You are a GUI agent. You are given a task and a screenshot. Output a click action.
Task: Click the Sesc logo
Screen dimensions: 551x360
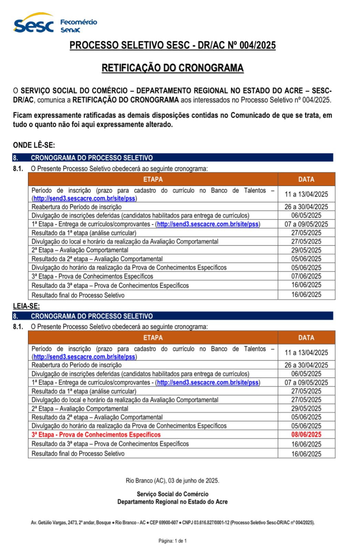(33, 24)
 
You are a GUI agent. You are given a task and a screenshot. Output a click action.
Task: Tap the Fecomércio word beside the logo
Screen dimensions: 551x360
(78, 22)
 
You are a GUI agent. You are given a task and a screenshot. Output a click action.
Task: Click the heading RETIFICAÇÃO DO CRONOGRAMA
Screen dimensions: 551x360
(172, 68)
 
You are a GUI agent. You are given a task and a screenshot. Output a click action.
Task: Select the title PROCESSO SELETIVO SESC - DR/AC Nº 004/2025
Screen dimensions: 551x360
(172, 45)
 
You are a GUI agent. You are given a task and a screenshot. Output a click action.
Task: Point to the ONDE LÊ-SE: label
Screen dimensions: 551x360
(34, 145)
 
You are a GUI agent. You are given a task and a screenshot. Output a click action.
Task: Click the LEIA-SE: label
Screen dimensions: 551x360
(26, 306)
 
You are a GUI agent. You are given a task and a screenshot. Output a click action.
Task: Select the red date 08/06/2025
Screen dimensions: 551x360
(306, 435)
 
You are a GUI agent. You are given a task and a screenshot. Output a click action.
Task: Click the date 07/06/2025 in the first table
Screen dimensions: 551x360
(306, 276)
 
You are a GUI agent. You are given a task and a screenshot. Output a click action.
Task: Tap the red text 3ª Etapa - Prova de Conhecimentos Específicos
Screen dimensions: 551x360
(96, 435)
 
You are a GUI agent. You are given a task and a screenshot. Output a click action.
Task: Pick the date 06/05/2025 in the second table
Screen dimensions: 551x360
(306, 374)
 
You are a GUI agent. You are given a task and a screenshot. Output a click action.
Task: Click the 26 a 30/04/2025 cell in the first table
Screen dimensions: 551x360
(306, 207)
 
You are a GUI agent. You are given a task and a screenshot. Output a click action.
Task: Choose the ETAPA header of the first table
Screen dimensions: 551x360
(153, 179)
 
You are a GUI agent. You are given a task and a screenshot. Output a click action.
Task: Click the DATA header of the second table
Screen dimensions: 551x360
(306, 337)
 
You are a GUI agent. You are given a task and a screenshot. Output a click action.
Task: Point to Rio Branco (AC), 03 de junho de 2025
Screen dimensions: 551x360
(172, 480)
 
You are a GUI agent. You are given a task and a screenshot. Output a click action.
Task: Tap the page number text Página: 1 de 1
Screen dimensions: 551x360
(172, 541)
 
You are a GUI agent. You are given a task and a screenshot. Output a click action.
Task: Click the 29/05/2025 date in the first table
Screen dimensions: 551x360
(306, 250)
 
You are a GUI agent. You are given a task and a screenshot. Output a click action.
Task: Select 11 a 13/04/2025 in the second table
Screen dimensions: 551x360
(306, 353)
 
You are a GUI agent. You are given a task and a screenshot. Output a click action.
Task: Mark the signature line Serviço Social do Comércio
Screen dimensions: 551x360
(172, 494)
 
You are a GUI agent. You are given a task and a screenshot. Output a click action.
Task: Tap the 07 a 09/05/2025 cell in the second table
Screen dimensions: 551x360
(306, 382)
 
